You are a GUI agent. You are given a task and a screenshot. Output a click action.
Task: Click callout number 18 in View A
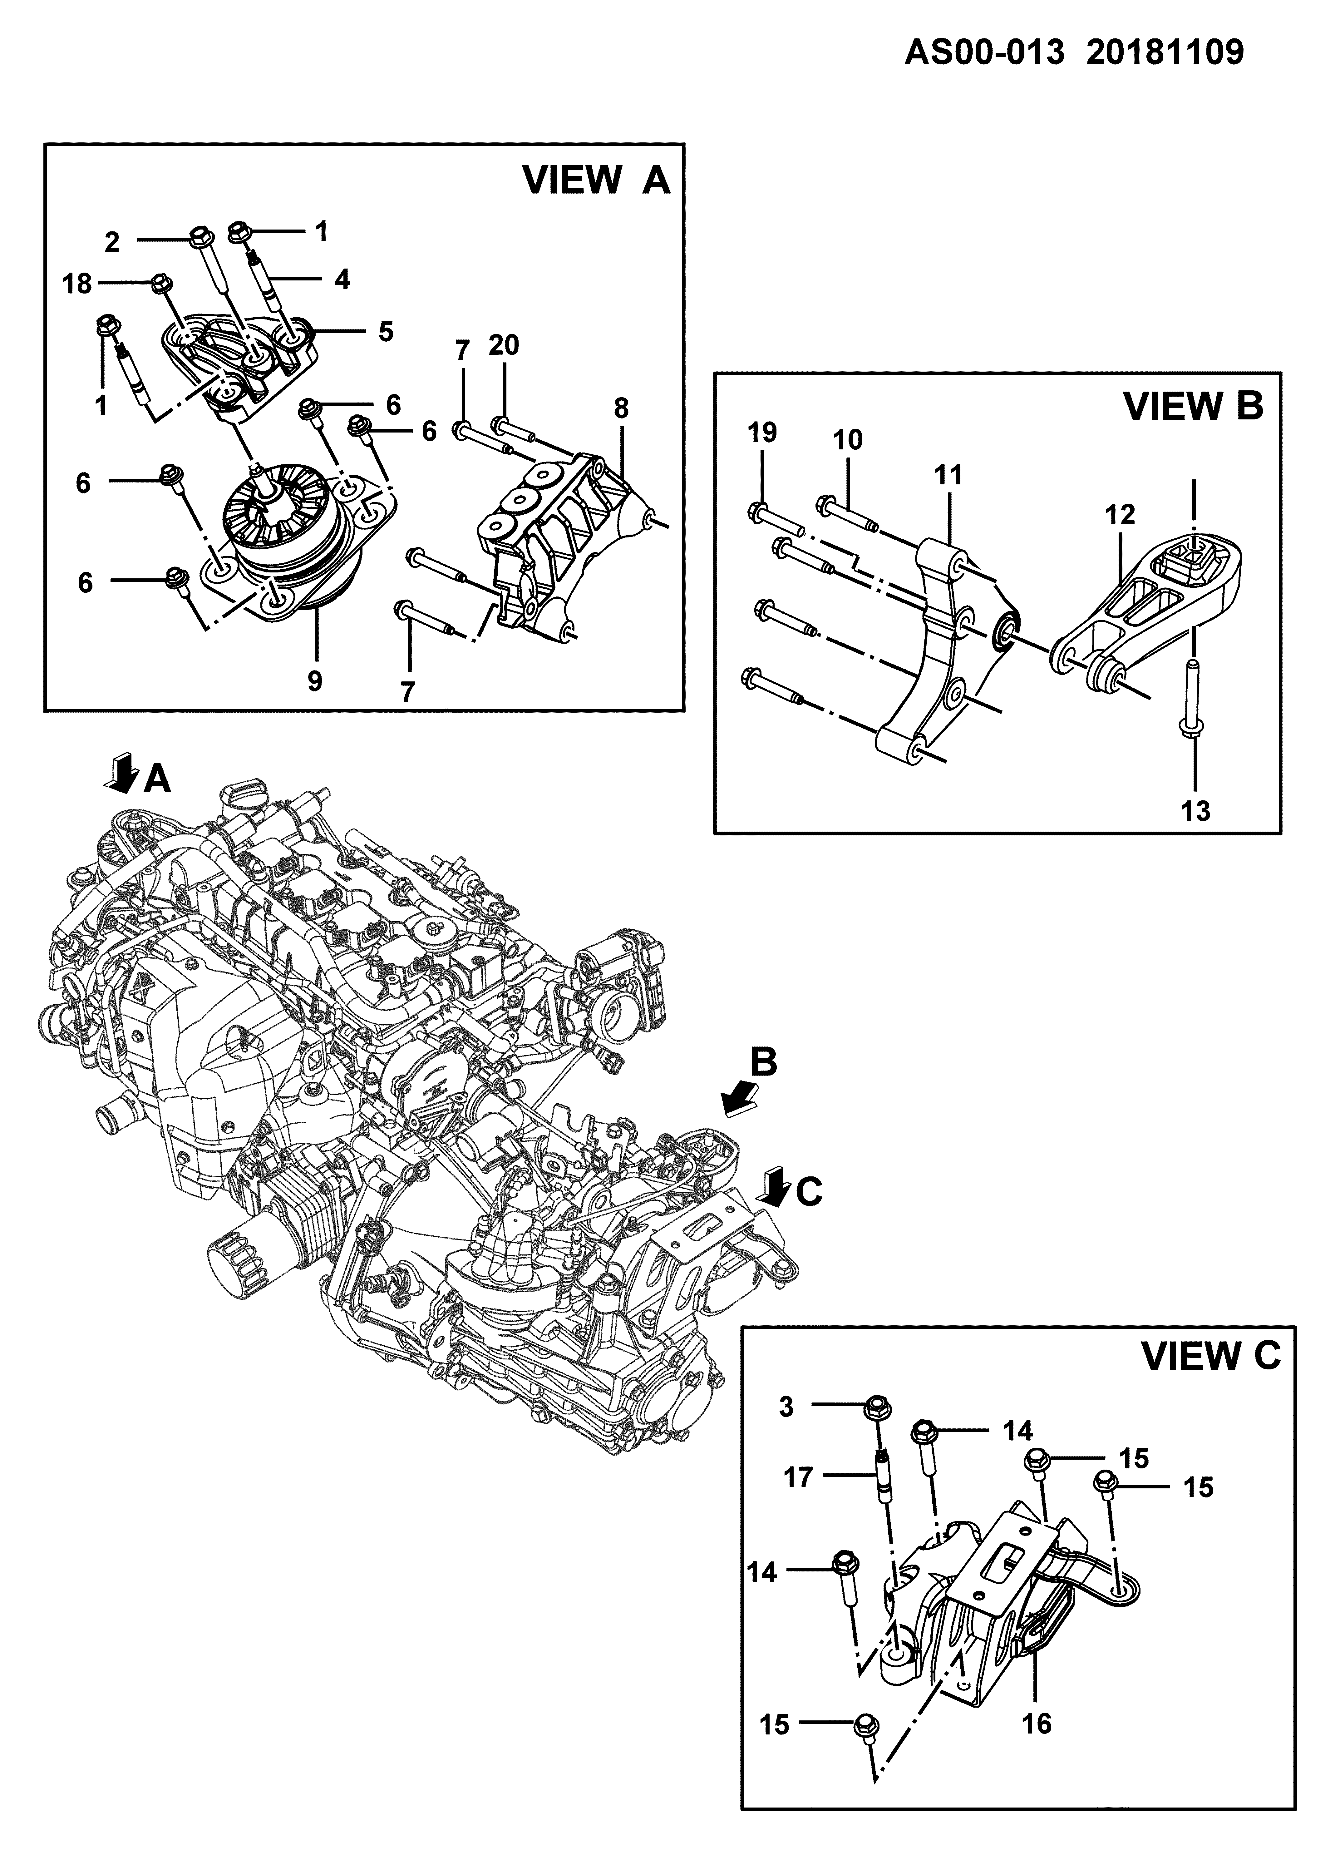77,284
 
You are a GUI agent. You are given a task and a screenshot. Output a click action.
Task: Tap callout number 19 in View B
762,432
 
